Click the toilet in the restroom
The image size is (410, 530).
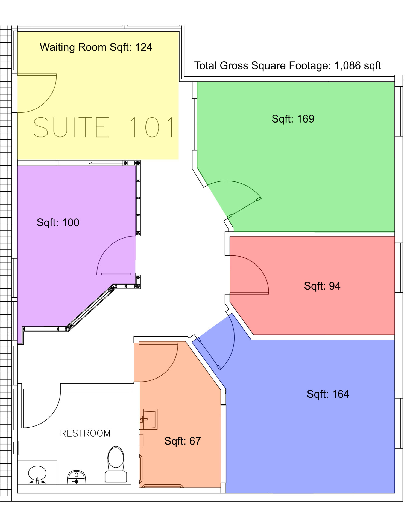click(116, 465)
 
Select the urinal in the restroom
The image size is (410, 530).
click(77, 477)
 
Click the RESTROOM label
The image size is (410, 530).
click(85, 433)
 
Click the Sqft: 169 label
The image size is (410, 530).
click(293, 119)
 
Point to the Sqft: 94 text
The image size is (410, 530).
click(322, 286)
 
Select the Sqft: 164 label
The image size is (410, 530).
click(328, 394)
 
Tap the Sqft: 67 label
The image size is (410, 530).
click(183, 441)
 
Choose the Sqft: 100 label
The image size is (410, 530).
click(58, 222)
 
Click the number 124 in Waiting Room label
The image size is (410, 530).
click(144, 47)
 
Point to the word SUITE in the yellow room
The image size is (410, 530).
click(71, 127)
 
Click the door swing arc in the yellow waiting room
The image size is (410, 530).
click(46, 101)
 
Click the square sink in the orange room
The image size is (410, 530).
click(149, 419)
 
